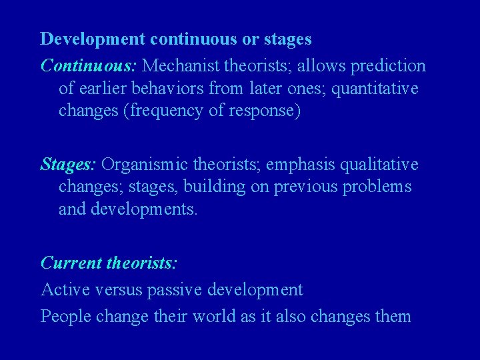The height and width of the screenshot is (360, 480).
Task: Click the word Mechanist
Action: [181, 66]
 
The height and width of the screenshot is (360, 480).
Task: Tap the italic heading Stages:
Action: [69, 164]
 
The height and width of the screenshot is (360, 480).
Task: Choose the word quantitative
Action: [378, 89]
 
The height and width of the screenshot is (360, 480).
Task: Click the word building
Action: [215, 187]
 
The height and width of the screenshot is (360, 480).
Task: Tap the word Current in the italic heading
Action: [71, 263]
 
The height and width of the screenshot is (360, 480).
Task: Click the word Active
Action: [61, 290]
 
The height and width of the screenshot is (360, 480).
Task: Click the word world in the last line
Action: [212, 316]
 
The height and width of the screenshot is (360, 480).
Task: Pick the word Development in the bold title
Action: [93, 39]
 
